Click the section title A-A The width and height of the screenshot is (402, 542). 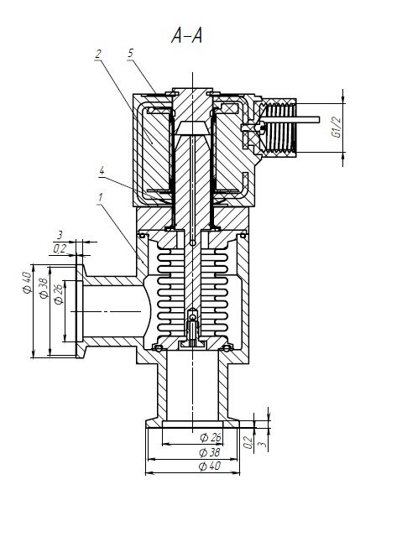[x=186, y=36]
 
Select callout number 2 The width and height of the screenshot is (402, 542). [x=98, y=54]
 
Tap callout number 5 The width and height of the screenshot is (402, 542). [x=130, y=53]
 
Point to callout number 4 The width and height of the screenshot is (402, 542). [x=102, y=171]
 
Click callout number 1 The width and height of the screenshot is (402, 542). [x=101, y=198]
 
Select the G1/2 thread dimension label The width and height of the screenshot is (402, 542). [x=337, y=128]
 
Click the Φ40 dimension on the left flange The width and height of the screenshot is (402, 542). [x=28, y=283]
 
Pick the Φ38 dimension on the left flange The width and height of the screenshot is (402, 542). [x=44, y=288]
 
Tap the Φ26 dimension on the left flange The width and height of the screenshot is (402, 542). [x=59, y=294]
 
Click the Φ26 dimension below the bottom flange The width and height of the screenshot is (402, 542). [x=211, y=438]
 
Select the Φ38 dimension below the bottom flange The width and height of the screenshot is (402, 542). [x=210, y=452]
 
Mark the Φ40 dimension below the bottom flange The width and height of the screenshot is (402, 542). [x=210, y=466]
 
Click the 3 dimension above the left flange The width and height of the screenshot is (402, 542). [x=60, y=235]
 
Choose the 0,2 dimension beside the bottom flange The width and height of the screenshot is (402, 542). [x=248, y=442]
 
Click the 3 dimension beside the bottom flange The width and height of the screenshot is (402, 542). [x=264, y=443]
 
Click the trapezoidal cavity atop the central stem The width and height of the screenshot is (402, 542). [x=192, y=128]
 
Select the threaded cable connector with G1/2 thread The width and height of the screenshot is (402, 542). [x=279, y=128]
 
